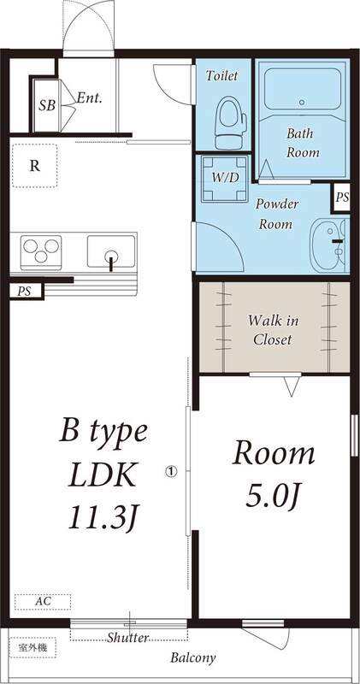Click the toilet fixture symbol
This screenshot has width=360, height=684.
pyautogui.click(x=228, y=122)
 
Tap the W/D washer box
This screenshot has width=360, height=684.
pyautogui.click(x=226, y=178)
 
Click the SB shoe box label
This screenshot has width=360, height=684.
pyautogui.click(x=46, y=106)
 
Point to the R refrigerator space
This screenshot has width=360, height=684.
pyautogui.click(x=34, y=166)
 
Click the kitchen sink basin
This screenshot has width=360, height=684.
pyautogui.click(x=111, y=254)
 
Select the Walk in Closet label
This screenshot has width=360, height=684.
pyautogui.click(x=273, y=330)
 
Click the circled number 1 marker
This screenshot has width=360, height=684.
pyautogui.click(x=171, y=470)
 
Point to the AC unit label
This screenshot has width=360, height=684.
pyautogui.click(x=42, y=602)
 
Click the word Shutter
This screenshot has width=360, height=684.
pyautogui.click(x=128, y=638)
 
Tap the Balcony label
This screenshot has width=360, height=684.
pyautogui.click(x=192, y=658)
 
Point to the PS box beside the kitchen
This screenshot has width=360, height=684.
pyautogui.click(x=23, y=292)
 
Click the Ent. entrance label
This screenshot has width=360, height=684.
pyautogui.click(x=89, y=98)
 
